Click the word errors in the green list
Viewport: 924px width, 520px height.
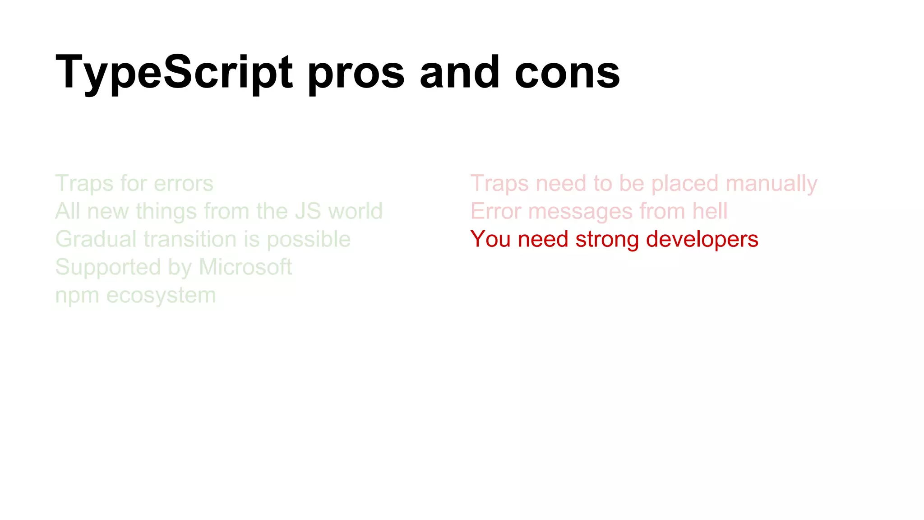(184, 184)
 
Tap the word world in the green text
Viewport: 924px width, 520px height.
(356, 211)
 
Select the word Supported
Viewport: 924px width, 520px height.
(107, 268)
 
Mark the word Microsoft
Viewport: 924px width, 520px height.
(245, 267)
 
